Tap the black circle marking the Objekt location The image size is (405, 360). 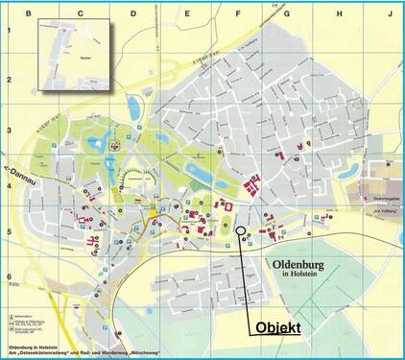coord(239,230)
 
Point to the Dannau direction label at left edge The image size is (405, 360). coord(21,174)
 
